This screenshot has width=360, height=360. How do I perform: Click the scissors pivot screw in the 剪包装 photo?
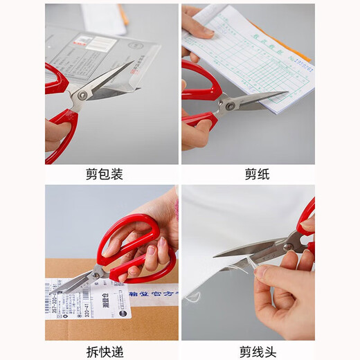[x=82, y=96]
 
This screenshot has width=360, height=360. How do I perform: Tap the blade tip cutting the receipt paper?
[x=285, y=93]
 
